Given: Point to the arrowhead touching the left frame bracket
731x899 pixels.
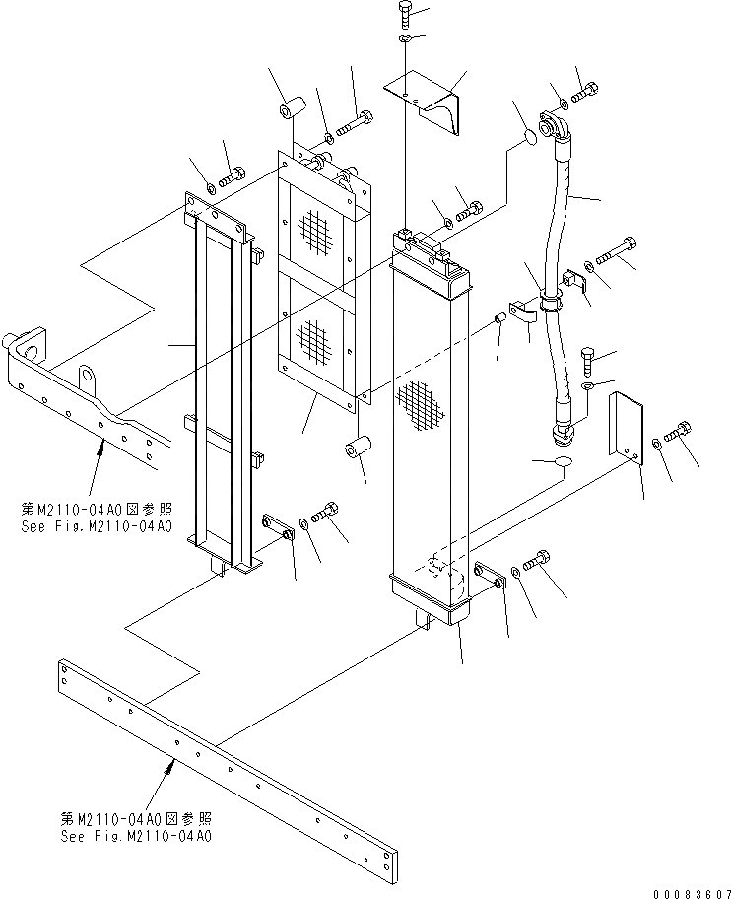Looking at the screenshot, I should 100,449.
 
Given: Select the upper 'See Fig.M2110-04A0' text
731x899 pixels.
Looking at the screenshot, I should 97,526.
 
